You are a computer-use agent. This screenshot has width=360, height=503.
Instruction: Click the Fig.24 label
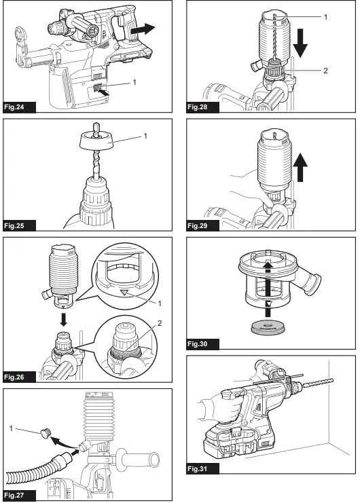[18, 107]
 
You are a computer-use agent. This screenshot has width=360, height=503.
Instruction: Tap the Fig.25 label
[18, 225]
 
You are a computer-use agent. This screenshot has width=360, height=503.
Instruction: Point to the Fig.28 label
[201, 107]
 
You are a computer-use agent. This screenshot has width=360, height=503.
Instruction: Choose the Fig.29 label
[201, 225]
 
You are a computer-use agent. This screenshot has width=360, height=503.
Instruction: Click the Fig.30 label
[201, 344]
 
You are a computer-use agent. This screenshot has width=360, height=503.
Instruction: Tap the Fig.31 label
[201, 468]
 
